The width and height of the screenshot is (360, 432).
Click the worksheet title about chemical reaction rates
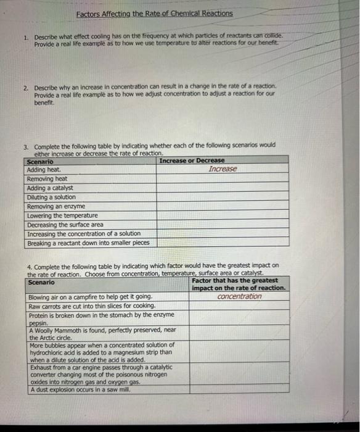(x=155, y=13)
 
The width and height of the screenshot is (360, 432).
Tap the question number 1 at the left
(x=25, y=37)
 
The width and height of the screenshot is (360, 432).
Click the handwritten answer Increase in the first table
(x=223, y=169)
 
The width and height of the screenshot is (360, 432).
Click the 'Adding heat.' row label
(x=44, y=170)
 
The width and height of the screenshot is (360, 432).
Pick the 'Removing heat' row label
(x=47, y=179)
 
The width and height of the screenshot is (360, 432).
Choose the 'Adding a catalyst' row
(x=50, y=188)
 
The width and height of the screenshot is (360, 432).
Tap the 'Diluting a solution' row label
(x=52, y=197)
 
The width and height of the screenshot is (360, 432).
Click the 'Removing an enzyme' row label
(x=56, y=207)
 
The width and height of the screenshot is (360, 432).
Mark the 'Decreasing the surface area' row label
(x=65, y=225)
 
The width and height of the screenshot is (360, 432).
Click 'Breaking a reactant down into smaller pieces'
(x=89, y=243)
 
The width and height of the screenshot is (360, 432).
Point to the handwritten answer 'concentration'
(x=239, y=297)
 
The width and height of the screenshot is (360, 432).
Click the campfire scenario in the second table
(x=91, y=297)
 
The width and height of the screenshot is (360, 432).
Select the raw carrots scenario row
(x=92, y=306)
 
